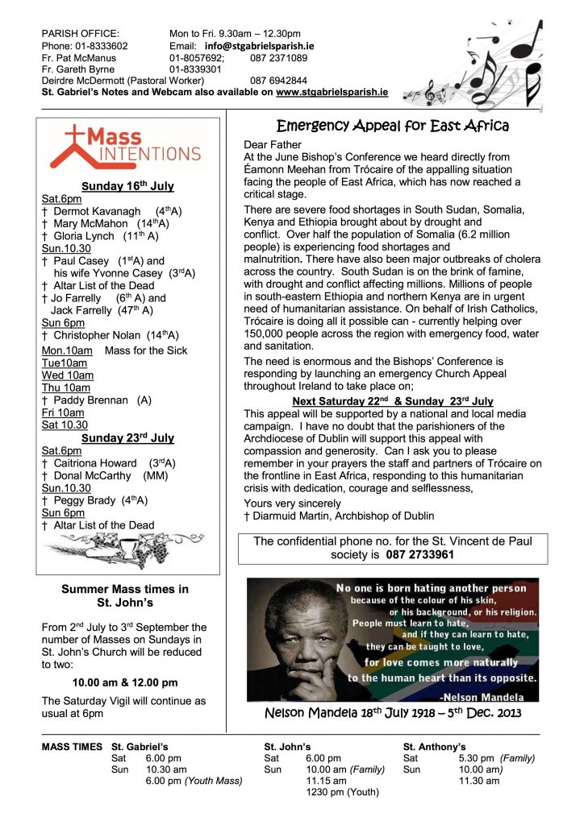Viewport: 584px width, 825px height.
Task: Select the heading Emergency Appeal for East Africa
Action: [x=393, y=126]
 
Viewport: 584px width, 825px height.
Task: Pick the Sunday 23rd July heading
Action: [x=128, y=438]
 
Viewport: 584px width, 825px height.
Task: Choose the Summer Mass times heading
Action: [x=125, y=596]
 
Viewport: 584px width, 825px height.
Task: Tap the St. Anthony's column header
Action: [x=434, y=747]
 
